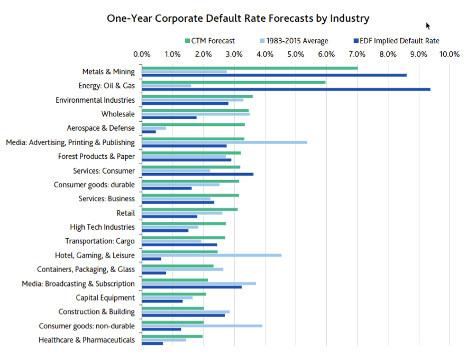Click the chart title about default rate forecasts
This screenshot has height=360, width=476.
pyautogui.click(x=238, y=18)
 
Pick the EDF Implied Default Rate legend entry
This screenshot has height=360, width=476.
pyautogui.click(x=400, y=41)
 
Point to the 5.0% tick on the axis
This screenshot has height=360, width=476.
pyautogui.click(x=296, y=54)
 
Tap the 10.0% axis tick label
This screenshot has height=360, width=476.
pyautogui.click(x=449, y=54)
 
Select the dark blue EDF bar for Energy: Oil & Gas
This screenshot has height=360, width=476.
pyautogui.click(x=286, y=89)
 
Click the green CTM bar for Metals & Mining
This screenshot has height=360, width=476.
pyautogui.click(x=249, y=68)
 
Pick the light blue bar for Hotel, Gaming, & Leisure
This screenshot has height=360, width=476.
pyautogui.click(x=212, y=255)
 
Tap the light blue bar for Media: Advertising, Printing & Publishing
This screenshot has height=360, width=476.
pyautogui.click(x=224, y=142)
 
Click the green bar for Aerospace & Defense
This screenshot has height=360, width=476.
pyautogui.click(x=193, y=124)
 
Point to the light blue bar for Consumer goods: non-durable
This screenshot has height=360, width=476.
pyautogui.click(x=202, y=326)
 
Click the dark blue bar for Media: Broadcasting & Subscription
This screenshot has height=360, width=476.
pyautogui.click(x=191, y=287)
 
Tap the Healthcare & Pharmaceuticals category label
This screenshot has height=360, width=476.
pyautogui.click(x=87, y=340)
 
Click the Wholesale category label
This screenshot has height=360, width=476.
pyautogui.click(x=118, y=114)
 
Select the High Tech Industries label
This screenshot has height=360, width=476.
pyautogui.click(x=102, y=227)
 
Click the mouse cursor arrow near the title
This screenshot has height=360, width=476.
pyautogui.click(x=428, y=25)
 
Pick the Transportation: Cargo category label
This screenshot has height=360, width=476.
pyautogui.click(x=100, y=241)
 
